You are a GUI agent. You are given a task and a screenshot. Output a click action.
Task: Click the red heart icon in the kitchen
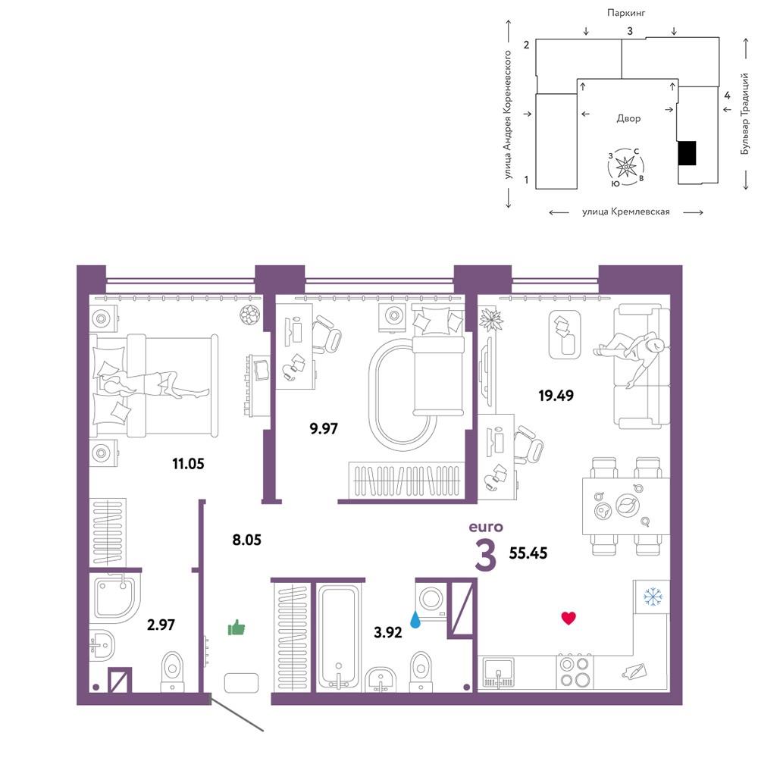[568, 619]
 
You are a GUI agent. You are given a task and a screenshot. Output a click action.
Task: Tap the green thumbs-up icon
[236, 628]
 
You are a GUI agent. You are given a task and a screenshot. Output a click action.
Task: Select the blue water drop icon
[415, 619]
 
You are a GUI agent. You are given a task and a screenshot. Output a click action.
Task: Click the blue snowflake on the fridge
[653, 597]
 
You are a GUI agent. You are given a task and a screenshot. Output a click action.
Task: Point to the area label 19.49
[556, 396]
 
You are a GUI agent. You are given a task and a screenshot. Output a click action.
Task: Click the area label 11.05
[188, 464]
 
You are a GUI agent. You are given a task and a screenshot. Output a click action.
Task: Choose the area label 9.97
[324, 428]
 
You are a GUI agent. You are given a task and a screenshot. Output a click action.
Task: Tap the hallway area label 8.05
[246, 539]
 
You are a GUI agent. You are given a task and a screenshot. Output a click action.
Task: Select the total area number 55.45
[528, 553]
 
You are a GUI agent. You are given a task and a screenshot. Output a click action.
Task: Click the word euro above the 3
[486, 527]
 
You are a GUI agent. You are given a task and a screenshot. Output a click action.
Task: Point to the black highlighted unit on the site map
[687, 153]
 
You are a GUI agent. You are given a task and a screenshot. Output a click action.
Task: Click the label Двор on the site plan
[628, 118]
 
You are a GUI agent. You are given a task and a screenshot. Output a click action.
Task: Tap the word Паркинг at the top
[626, 13]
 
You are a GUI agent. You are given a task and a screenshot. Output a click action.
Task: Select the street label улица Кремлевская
[626, 211]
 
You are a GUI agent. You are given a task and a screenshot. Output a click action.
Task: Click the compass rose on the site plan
[626, 167]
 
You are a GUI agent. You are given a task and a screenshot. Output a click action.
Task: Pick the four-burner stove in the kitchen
[575, 671]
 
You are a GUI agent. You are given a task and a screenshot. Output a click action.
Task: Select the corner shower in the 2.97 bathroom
[115, 597]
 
